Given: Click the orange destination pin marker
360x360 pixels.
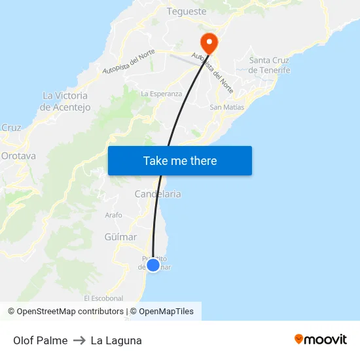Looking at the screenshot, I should pos(209,43).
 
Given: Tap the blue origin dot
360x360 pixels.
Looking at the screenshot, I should pos(153,265).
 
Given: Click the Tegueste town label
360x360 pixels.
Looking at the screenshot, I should pos(187,11).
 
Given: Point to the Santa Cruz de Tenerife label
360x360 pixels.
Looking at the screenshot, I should pos(270,65).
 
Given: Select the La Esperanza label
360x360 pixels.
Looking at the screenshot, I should pos(162,94).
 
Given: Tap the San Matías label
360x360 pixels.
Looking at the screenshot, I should pos(227,107).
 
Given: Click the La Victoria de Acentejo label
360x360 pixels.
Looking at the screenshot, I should pos(65,101).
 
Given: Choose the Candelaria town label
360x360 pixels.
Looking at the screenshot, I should pos(158,194).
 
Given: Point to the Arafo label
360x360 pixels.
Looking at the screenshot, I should pos(113,215).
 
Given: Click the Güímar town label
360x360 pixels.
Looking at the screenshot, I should pos(120,237).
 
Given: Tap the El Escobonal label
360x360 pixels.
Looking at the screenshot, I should pos(103,298).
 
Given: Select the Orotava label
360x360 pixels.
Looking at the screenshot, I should pos(18,156).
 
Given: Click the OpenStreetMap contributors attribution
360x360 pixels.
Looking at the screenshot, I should pos(70,312).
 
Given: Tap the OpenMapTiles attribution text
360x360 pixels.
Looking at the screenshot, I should pos(166,312).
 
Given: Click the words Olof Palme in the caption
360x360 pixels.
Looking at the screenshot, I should pos(40,340).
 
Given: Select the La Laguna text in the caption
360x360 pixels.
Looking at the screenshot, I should pos(117,340).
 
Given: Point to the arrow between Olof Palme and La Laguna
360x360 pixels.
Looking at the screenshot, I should pos(79,340).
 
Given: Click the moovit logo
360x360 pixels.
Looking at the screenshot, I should pos(321,340).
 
